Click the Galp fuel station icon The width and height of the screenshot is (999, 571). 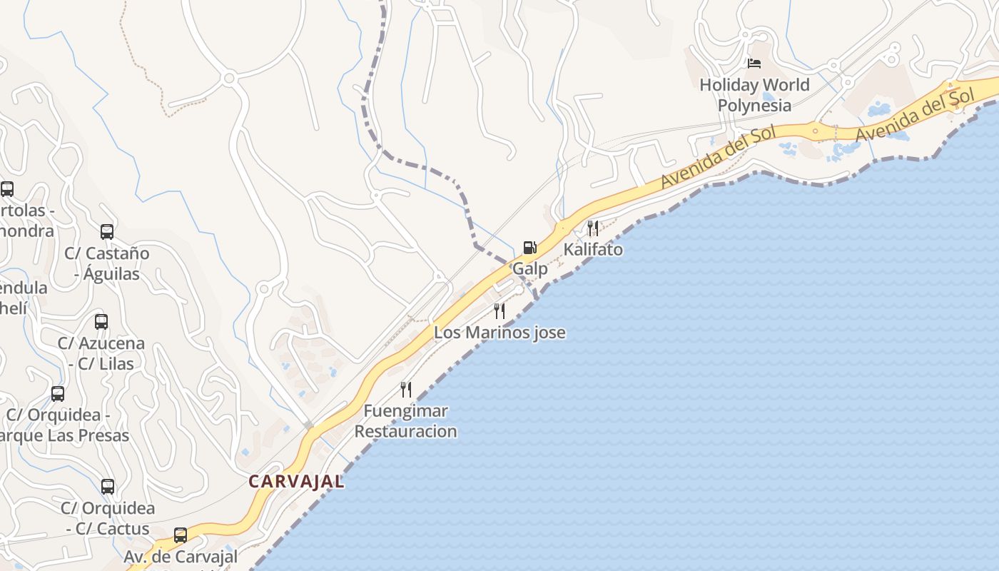529,248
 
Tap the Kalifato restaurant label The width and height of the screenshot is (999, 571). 593,250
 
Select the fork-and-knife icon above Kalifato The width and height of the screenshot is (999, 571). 593,228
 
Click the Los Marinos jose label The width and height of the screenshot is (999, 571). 499,333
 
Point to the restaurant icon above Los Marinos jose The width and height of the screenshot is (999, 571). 499,311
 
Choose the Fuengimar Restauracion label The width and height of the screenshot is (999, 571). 405,421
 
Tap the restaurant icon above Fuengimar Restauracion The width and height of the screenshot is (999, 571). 406,390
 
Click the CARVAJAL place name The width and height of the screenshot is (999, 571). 296,482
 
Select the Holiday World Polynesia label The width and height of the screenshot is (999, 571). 754,95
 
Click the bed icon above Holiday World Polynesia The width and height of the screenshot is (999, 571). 754,64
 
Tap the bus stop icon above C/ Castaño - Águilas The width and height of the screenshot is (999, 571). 107,232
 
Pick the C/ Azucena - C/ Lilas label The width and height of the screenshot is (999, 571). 101,353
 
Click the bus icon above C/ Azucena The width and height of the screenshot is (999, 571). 101,322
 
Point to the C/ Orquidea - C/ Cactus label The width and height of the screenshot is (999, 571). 108,519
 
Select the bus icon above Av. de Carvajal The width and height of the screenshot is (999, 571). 181,535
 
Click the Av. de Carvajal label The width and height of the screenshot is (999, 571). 181,557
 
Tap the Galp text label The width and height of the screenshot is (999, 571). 530,269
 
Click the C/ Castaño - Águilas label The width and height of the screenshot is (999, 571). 107,263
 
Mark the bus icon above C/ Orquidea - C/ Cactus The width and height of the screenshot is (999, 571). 108,487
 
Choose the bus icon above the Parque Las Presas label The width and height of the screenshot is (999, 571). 58,394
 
